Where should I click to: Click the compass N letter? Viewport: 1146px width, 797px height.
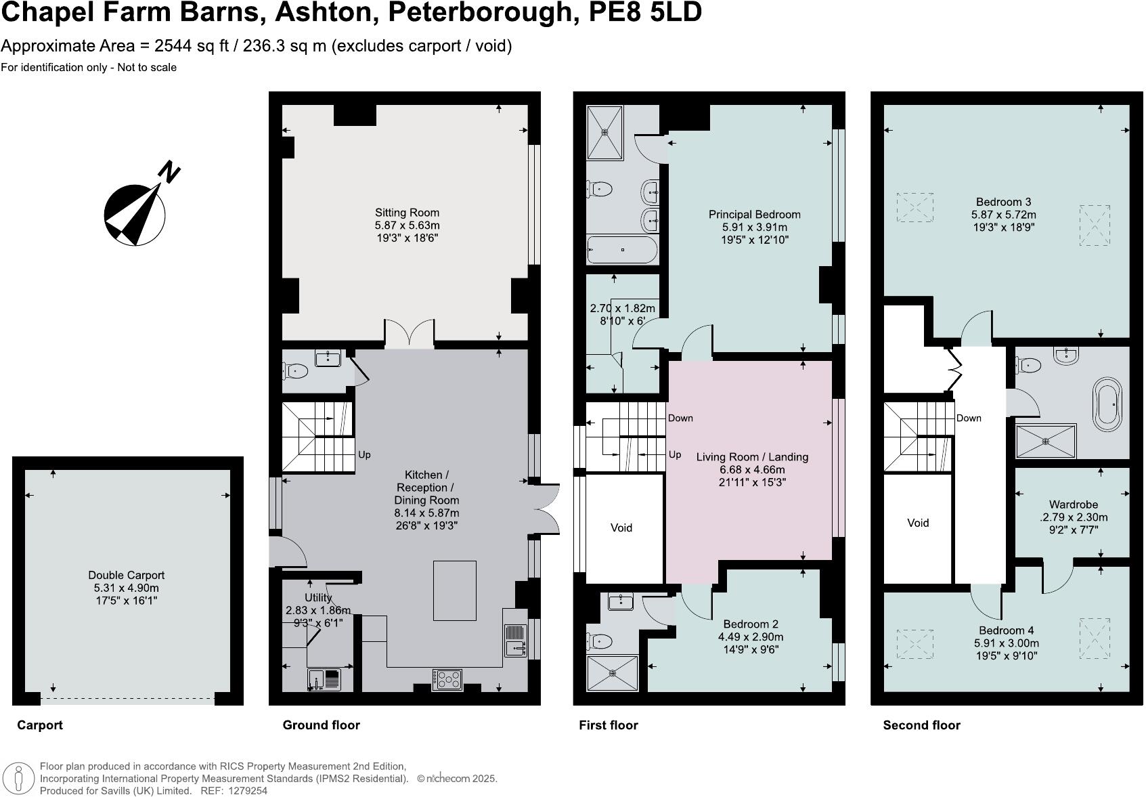169,172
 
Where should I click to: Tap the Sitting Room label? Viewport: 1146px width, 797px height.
407,213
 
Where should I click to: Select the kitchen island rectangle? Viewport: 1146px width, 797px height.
454,590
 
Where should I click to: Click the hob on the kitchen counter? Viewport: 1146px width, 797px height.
447,678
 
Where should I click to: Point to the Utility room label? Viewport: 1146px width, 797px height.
317,598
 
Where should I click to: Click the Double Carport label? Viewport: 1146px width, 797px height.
126,576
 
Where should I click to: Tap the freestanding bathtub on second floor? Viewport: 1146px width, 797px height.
1107,404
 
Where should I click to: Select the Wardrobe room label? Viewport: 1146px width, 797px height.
1073,504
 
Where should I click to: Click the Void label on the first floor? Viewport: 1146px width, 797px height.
621,527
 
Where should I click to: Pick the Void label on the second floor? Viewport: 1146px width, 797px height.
917,523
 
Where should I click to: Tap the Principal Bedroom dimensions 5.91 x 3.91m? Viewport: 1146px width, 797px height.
754,228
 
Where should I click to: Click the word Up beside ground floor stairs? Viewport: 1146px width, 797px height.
364,455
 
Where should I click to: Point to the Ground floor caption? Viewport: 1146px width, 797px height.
321,725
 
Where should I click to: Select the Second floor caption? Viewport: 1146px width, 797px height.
921,725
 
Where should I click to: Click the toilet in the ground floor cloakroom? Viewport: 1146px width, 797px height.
295,370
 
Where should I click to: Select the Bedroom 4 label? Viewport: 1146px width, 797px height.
1004,630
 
